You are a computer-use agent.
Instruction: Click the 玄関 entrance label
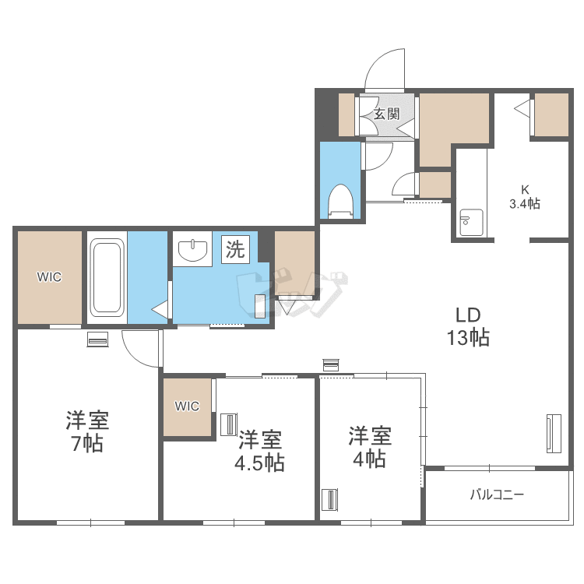386,114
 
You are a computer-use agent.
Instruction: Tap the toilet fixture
340,201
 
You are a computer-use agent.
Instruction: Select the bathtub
107,277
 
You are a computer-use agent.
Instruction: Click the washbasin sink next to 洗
192,249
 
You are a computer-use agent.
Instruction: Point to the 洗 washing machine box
235,249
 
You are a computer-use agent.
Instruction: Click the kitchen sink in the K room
471,223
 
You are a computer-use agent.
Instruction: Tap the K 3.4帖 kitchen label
524,197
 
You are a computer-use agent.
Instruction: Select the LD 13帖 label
468,326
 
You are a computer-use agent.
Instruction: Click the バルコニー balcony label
497,494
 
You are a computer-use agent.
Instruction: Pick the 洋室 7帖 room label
87,431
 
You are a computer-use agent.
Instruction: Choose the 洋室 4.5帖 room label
259,451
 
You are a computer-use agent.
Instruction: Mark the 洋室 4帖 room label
369,447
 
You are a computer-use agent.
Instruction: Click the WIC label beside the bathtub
49,276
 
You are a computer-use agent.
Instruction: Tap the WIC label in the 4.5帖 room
187,406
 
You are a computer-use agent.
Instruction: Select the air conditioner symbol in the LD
554,433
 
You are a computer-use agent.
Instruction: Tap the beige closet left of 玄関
347,114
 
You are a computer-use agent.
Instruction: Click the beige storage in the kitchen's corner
551,114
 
